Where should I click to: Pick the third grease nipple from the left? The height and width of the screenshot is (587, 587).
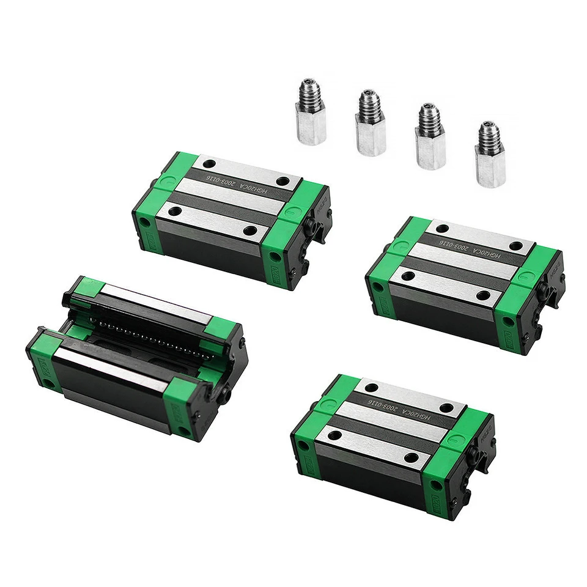tap(430, 137)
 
